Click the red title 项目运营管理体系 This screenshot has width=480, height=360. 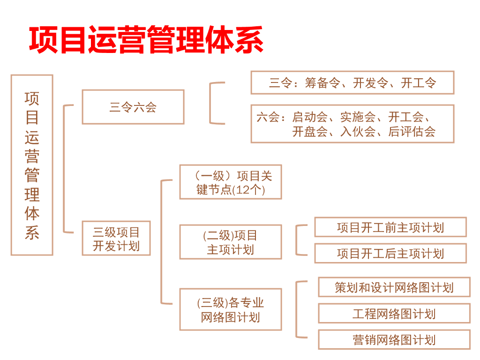click(x=146, y=40)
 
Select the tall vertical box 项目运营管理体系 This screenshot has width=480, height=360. click(x=32, y=165)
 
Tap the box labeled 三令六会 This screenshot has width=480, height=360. click(x=133, y=107)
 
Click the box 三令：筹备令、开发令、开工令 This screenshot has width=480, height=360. click(x=352, y=82)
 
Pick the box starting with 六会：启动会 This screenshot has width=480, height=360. click(x=352, y=124)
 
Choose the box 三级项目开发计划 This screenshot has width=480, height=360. click(x=116, y=238)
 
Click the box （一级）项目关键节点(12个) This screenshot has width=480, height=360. click(x=231, y=182)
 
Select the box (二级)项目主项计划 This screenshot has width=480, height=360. click(x=231, y=242)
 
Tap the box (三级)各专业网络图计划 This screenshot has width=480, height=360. click(x=231, y=309)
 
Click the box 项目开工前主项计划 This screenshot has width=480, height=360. click(x=390, y=227)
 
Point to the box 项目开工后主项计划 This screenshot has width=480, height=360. click(x=390, y=254)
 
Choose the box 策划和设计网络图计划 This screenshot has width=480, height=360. click(x=394, y=287)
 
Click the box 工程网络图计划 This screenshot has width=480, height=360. click(x=394, y=314)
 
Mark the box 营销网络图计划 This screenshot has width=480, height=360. click(x=394, y=340)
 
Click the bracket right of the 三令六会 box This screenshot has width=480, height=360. click(x=210, y=103)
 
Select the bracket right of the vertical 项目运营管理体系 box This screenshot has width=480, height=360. click(x=64, y=169)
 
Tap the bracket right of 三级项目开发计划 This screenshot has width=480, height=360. click(x=162, y=242)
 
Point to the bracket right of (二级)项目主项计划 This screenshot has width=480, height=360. click(x=296, y=240)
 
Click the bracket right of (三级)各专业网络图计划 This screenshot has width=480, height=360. click(x=296, y=309)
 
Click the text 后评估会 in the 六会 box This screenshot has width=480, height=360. click(x=412, y=132)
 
